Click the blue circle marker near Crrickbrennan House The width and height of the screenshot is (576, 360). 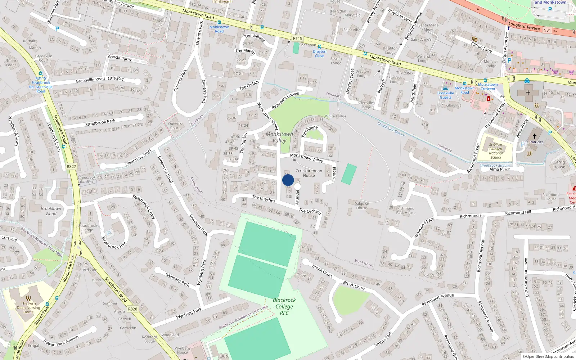point(288,180)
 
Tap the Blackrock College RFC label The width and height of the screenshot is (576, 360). point(284,306)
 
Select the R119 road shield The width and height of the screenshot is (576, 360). point(298,38)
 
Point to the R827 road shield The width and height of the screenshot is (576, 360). point(71,166)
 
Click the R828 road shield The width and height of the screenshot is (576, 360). point(132,309)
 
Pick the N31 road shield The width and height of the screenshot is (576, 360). point(547,30)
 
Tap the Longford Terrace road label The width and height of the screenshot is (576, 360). point(524,26)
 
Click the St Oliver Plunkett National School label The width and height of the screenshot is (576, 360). point(496,151)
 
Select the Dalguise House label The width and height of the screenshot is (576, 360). point(361,206)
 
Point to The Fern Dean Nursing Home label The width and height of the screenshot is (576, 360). point(28,307)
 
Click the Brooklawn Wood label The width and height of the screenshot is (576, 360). point(51,211)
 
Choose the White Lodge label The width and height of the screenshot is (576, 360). point(336,116)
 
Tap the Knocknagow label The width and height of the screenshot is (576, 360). point(120,58)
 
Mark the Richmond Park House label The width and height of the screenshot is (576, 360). point(406,210)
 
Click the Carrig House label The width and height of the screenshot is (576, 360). point(559,165)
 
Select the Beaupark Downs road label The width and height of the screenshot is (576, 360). point(285,100)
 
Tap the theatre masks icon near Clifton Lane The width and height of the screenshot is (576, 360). point(475,39)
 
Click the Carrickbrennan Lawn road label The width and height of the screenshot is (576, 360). point(526,277)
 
